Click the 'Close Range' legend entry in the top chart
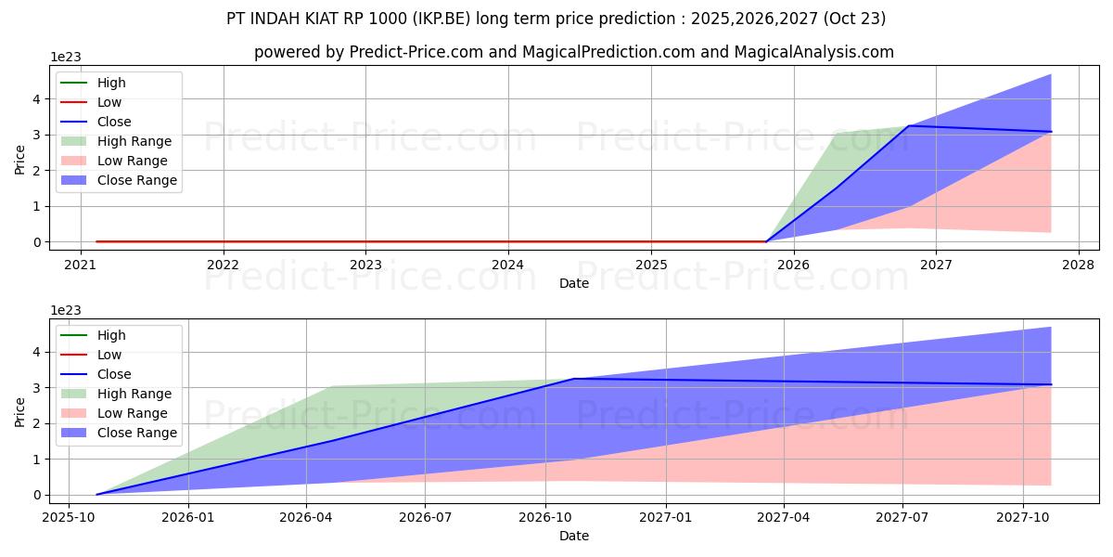coord(136,180)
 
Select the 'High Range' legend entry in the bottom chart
coord(134,394)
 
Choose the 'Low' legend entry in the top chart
coord(109,102)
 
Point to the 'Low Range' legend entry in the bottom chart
coord(133,413)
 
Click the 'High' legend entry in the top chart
coord(111,83)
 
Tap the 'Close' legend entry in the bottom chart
coord(114,374)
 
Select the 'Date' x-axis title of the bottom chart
coord(573,536)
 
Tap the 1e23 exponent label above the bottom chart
coord(65,309)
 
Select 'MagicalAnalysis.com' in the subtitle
coord(813,52)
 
